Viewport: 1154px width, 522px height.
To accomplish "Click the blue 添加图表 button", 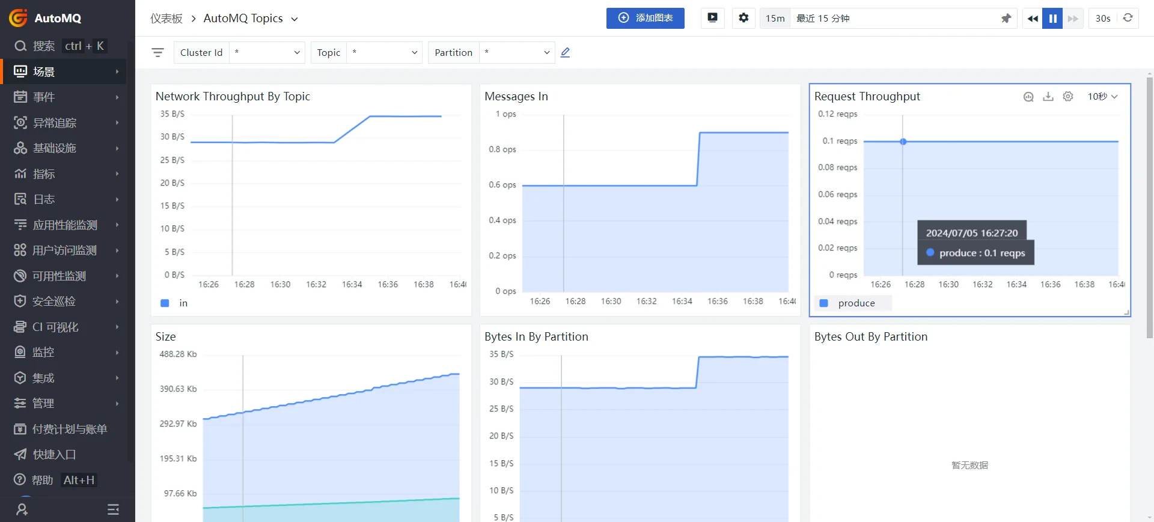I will pos(645,18).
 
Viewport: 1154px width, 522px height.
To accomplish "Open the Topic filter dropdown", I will pos(384,53).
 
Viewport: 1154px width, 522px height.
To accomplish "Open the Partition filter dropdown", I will pos(516,53).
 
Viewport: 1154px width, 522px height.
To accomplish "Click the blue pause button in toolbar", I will pos(1052,18).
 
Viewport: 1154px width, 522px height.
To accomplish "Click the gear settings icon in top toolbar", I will pos(743,18).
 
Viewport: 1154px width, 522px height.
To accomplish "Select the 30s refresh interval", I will pos(1102,18).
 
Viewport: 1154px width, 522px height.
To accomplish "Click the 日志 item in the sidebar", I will pos(44,199).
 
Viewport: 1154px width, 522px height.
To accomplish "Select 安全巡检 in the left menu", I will pos(54,302).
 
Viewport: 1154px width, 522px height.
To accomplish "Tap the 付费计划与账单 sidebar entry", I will pos(69,429).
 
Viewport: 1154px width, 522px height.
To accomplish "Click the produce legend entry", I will pos(856,303).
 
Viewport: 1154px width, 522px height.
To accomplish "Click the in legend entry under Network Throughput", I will pos(183,303).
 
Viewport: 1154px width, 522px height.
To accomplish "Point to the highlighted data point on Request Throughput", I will pos(903,142).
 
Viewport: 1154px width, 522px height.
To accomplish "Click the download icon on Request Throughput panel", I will pos(1048,97).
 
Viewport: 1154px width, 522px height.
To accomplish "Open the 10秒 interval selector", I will pos(1102,97).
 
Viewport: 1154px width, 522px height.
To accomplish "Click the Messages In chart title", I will pos(516,97).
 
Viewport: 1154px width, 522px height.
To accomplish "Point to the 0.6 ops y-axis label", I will pos(502,185).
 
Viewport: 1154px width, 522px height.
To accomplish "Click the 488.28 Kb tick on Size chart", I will pos(178,354).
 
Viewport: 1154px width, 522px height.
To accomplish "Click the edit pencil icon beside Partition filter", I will pos(565,53).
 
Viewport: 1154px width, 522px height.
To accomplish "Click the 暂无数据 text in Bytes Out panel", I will pos(969,465).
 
